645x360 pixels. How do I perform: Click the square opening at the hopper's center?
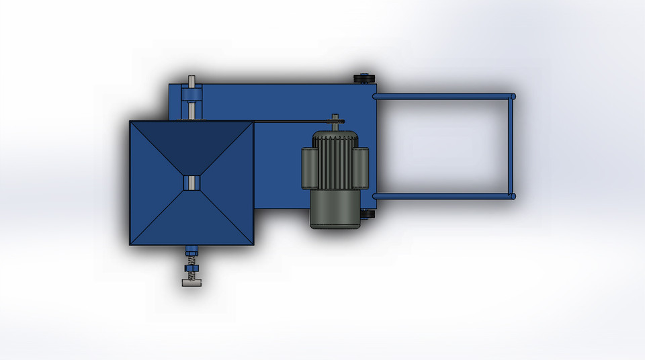191,183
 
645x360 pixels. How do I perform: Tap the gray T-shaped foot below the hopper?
191,283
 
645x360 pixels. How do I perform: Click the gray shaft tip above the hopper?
191,81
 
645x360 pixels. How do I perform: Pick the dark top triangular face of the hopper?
191,144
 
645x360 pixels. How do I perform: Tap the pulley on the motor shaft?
335,122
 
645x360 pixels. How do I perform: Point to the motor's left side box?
309,168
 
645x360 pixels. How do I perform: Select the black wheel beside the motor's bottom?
366,214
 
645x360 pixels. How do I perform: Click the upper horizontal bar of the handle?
443,97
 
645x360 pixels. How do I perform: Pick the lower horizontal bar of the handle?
443,196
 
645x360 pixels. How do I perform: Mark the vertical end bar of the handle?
511,146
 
